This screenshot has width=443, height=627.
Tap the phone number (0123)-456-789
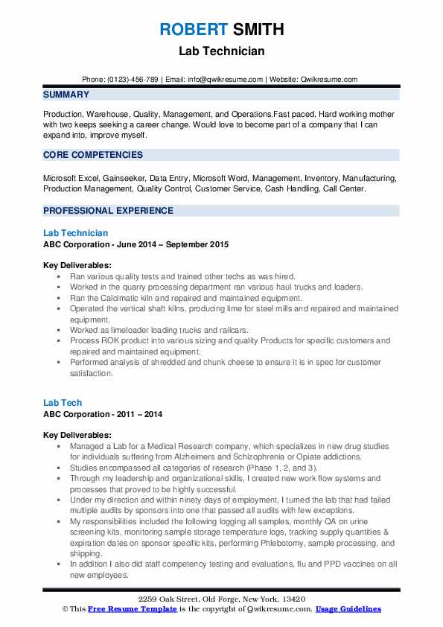[132, 80]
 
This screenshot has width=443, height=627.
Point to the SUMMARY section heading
[66, 95]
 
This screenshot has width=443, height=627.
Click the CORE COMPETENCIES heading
[93, 155]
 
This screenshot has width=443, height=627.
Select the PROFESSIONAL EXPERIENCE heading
[108, 211]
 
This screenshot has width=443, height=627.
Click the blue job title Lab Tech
[63, 403]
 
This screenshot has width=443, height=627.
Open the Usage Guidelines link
[348, 609]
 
